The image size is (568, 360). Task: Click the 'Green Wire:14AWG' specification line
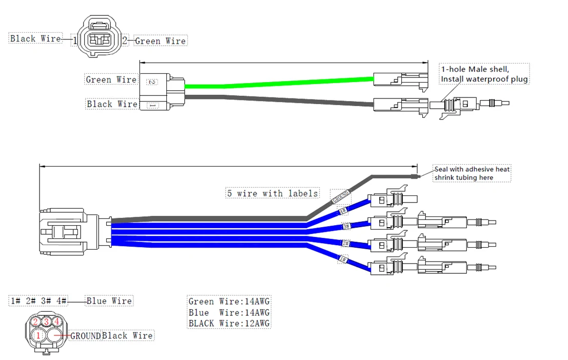[x=229, y=302]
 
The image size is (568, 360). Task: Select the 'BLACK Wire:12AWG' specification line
[x=229, y=324]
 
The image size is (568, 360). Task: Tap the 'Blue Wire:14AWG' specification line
[x=229, y=313]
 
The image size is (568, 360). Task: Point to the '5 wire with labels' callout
[x=272, y=193]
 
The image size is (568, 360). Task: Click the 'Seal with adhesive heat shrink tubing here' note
[x=472, y=173]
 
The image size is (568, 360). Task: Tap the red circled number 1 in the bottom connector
[x=38, y=335]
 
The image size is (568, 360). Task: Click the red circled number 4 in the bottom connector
[x=57, y=322]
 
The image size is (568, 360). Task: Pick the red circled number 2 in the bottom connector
[x=35, y=322]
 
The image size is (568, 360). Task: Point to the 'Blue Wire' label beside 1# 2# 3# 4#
[x=109, y=301]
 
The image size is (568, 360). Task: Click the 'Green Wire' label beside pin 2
[x=161, y=41]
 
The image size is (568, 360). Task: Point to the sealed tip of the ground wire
[x=417, y=177]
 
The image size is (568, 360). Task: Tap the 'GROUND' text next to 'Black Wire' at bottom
[x=85, y=336]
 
